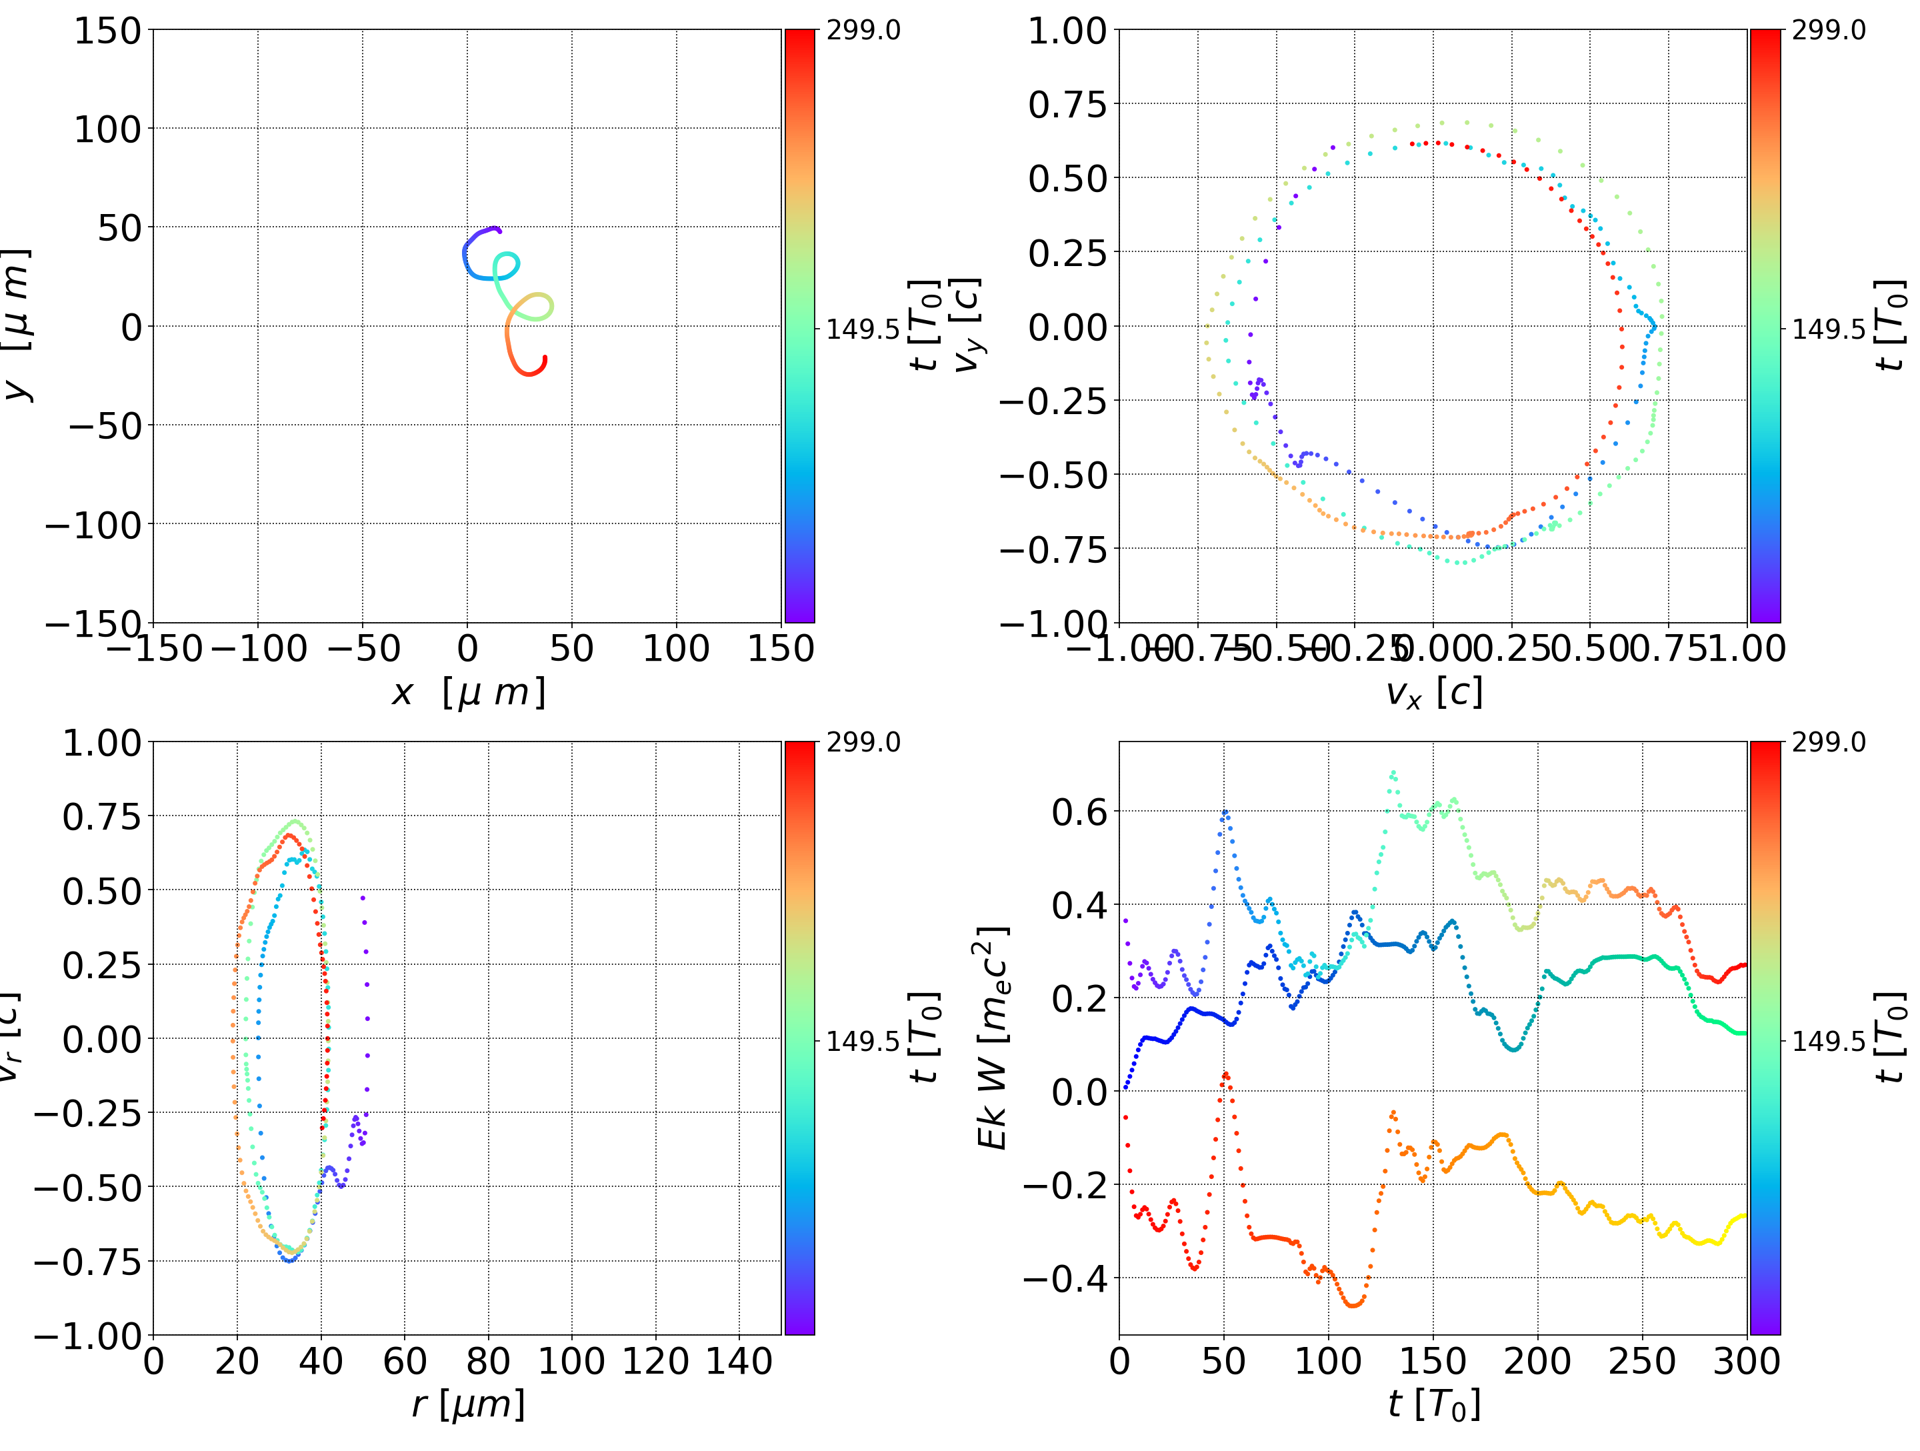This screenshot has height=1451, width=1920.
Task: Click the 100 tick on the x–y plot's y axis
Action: click(107, 129)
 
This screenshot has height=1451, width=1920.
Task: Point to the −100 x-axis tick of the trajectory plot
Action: click(258, 649)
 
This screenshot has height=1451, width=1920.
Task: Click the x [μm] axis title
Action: click(468, 693)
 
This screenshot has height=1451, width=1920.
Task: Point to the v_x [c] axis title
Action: click(1433, 693)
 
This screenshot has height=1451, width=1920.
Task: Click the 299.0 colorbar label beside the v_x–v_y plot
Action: click(1828, 31)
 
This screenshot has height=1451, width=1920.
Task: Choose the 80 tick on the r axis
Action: click(488, 1362)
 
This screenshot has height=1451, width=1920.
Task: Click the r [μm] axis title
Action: click(468, 1404)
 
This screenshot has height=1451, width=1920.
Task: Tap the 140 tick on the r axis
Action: click(739, 1362)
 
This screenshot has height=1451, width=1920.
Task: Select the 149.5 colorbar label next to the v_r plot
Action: click(863, 1040)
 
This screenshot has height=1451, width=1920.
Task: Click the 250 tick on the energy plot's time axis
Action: click(1642, 1362)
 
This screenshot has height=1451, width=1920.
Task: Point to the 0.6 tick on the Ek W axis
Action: click(1080, 813)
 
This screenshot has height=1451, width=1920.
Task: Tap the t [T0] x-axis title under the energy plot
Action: click(1433, 1404)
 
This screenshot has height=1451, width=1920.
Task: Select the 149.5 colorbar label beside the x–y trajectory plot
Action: click(863, 329)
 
